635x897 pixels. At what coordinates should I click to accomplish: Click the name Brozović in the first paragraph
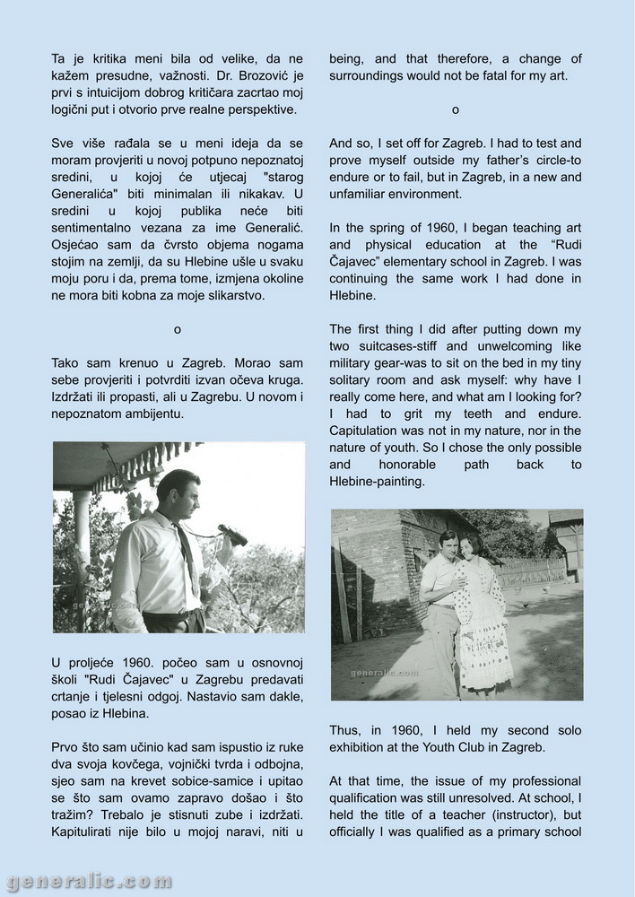[264, 75]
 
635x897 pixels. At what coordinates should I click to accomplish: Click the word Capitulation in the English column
[366, 431]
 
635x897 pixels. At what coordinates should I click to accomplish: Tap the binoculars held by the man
[232, 535]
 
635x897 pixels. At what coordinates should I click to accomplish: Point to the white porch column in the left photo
[83, 547]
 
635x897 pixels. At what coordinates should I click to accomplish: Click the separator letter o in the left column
[178, 329]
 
